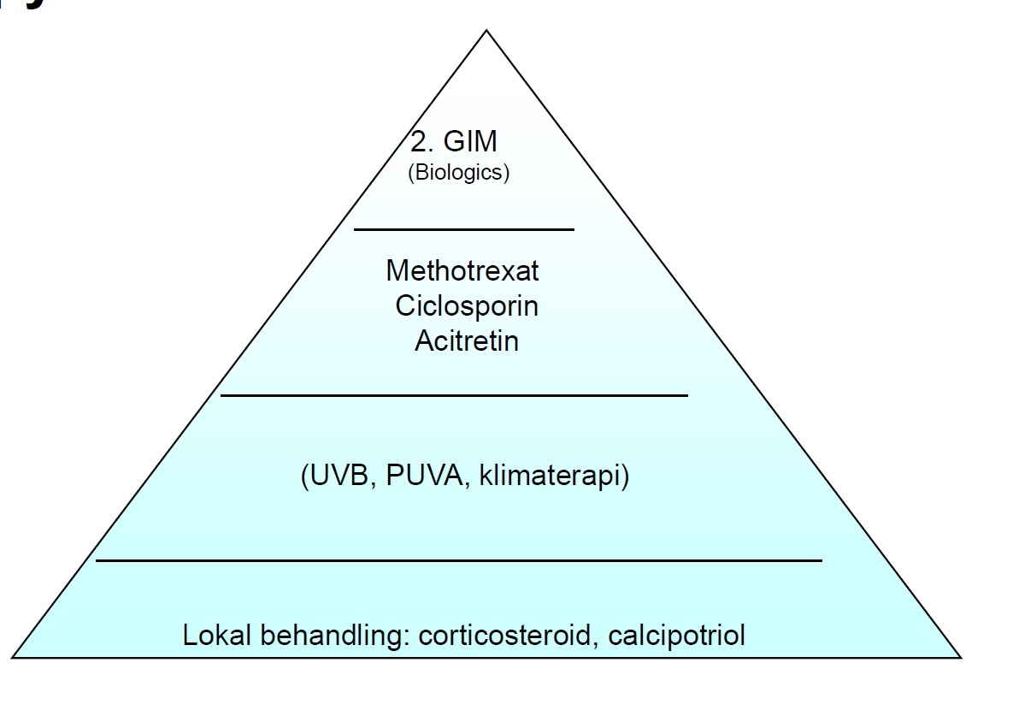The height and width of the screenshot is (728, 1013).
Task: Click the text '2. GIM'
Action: coord(454,142)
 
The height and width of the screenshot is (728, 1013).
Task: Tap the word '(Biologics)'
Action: coord(458,173)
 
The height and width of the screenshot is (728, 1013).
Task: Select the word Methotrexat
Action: coord(462,271)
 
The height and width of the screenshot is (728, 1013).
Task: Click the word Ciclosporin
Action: coord(467,305)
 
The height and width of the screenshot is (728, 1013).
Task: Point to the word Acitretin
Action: coord(467,340)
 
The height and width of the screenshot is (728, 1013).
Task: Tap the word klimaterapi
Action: coord(555,475)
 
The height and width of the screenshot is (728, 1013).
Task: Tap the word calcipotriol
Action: coord(676,636)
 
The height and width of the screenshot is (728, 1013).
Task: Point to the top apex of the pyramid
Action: coord(486,32)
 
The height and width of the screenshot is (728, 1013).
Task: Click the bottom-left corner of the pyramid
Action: coord(13,657)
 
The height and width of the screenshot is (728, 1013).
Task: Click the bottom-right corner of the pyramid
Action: coord(960,657)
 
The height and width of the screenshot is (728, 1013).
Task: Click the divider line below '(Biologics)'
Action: coord(464,229)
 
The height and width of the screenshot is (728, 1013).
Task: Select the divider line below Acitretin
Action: coord(454,395)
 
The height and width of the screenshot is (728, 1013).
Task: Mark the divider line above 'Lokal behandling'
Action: coord(459,560)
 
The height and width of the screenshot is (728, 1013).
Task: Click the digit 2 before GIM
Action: coord(418,142)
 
